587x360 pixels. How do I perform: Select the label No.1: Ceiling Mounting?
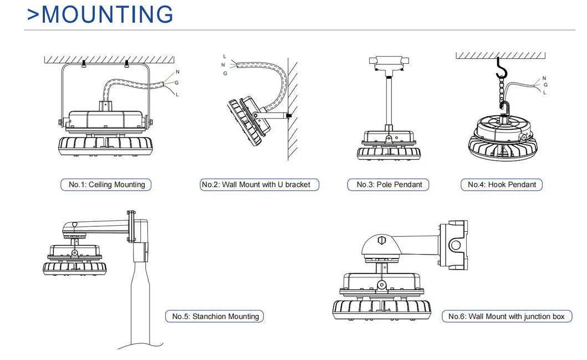(x=106, y=185)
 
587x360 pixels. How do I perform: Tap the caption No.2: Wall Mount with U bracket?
(x=259, y=185)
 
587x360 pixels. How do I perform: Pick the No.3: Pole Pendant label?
(x=389, y=185)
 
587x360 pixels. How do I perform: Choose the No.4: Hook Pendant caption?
(x=502, y=185)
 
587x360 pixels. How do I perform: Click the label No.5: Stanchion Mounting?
(x=215, y=316)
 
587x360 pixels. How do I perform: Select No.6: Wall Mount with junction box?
(x=506, y=316)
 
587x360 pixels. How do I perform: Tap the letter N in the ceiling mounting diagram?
(x=177, y=72)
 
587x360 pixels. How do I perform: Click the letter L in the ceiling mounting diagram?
(x=177, y=95)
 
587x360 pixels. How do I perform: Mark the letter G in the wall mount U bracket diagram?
(x=224, y=73)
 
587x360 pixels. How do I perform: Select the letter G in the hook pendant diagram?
(x=545, y=85)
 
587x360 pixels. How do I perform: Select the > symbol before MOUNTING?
(x=33, y=14)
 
